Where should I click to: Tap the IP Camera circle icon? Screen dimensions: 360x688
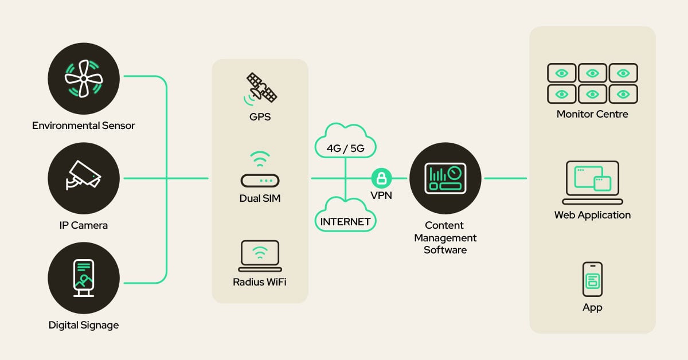click(84, 178)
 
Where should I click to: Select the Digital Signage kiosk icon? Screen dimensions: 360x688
click(84, 279)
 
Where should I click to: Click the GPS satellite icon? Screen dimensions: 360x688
click(261, 89)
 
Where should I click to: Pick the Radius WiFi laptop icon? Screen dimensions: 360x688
click(260, 256)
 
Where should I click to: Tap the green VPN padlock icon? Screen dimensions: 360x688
click(381, 178)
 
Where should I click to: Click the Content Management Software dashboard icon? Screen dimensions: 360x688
click(445, 178)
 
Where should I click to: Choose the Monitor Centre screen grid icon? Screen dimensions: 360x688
click(592, 83)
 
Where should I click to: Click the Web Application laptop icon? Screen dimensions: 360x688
click(592, 182)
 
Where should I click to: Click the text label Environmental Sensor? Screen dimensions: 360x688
click(84, 126)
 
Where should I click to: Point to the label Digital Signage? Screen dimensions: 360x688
click(84, 325)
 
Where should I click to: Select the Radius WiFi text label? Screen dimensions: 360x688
click(260, 282)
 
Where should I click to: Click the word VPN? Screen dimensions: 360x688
click(381, 195)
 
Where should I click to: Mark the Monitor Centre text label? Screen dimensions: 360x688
click(592, 114)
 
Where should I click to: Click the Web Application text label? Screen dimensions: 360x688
click(592, 216)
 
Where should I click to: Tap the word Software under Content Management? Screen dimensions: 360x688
click(445, 250)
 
